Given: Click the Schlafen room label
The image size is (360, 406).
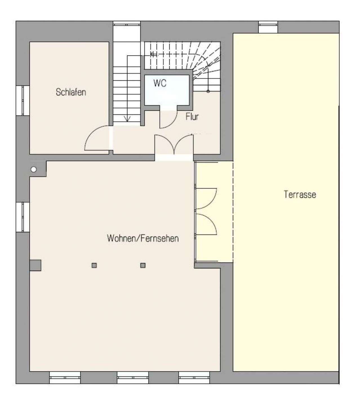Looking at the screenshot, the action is (71, 92).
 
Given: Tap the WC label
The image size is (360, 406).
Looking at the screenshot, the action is (160, 83).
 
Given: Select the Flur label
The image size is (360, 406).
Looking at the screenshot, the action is (192, 117).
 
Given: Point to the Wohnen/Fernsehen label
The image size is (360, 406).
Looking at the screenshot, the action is (143, 239).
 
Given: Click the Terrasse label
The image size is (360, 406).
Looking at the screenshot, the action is (300, 194).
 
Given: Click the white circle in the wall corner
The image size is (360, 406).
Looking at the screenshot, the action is (34, 169).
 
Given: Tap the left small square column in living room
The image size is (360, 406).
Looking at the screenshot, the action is (94, 266).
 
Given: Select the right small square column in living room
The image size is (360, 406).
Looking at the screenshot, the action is (143, 266).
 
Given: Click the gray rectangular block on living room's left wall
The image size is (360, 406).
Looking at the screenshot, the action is (35, 265).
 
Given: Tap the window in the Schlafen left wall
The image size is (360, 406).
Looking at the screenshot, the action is (23, 100).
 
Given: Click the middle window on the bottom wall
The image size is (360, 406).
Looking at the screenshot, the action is (133, 378).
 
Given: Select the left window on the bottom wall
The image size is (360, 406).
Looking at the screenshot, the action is (65, 378).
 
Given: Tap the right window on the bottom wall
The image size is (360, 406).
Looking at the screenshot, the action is (194, 378).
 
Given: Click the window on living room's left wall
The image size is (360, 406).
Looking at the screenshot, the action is (23, 217).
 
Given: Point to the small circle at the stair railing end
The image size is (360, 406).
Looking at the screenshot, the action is (208, 91).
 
